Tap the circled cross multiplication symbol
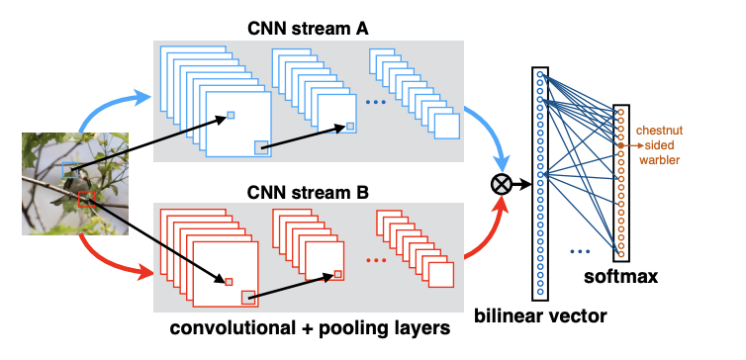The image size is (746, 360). pos(502,182)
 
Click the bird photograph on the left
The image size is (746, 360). pos(75,184)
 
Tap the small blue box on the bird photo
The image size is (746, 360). pos(70,170)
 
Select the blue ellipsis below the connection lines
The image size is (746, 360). pos(585,252)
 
